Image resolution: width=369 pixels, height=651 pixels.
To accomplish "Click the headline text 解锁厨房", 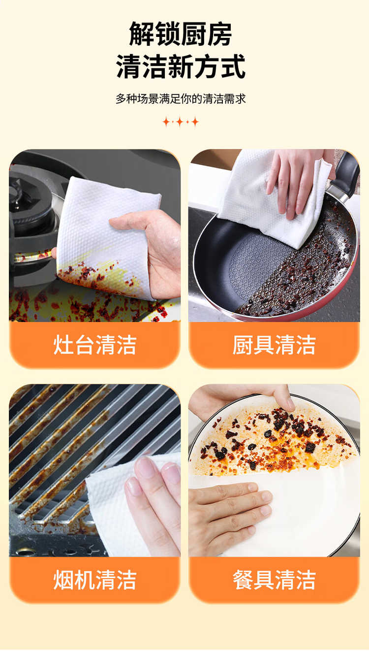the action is [x=181, y=34].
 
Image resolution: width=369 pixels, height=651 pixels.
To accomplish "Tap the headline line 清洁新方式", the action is [x=181, y=66].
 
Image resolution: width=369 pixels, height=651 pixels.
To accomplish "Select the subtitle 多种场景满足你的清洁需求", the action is [x=181, y=99].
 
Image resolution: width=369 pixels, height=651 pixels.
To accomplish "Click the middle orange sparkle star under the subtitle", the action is [x=180, y=122].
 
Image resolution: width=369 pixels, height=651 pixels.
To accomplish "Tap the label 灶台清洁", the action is [x=94, y=345].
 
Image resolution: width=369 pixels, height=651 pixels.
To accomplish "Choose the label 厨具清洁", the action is [x=274, y=345].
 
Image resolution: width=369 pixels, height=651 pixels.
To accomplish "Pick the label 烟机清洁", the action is [x=94, y=580].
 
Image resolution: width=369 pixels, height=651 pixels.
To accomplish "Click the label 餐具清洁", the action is [x=274, y=580].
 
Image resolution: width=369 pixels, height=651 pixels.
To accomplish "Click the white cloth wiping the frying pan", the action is [x=273, y=200].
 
